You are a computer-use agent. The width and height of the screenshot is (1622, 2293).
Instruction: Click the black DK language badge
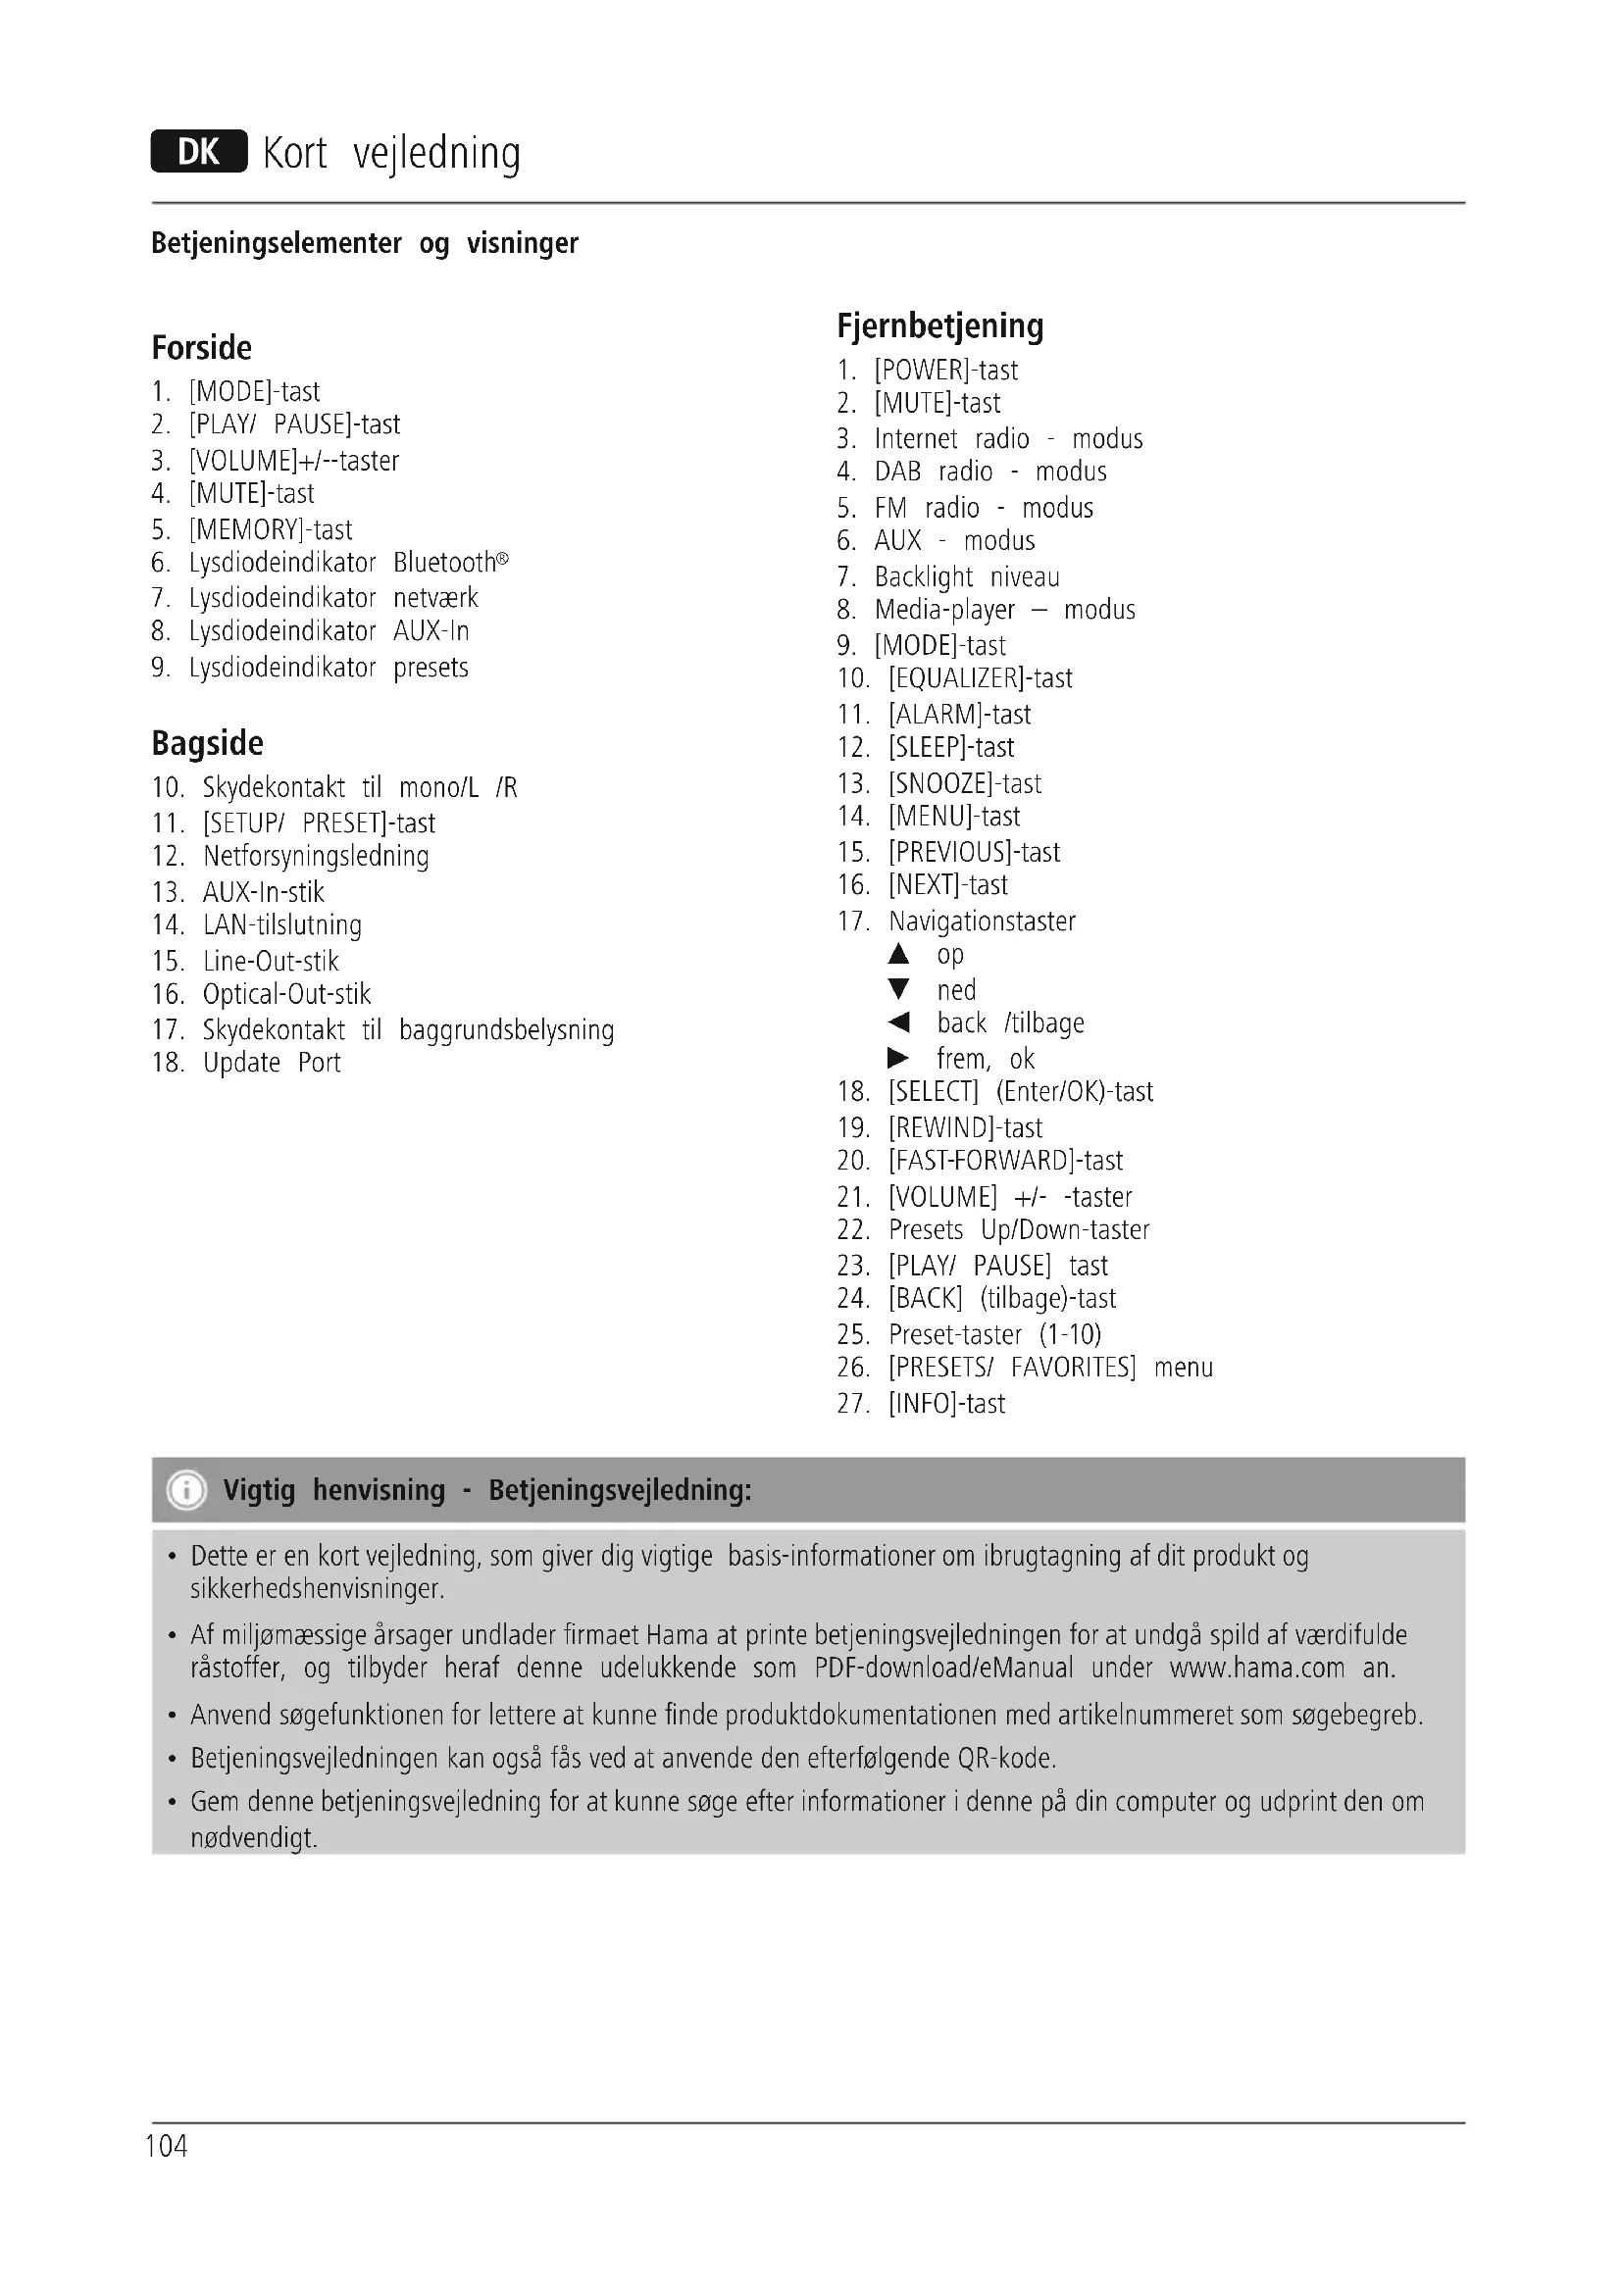199,152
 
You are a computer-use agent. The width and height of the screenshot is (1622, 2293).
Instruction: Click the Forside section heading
202,348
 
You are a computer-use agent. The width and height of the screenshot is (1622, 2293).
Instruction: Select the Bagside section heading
208,743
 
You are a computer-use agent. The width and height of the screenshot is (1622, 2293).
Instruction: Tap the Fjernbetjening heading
939,325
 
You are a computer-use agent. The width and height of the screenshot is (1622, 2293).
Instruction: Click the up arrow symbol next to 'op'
899,955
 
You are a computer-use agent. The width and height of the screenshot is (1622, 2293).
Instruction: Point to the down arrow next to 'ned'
899,990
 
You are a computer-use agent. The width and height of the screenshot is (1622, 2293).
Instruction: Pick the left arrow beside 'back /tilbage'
899,1022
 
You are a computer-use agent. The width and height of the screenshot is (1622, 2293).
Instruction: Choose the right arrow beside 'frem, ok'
899,1059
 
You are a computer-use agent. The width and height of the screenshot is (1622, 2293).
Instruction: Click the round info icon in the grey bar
186,1490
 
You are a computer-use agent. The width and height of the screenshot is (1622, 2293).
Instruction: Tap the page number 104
167,2146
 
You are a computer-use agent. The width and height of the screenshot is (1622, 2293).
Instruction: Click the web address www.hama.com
1256,1668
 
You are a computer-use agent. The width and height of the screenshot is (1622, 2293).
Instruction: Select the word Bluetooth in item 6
444,563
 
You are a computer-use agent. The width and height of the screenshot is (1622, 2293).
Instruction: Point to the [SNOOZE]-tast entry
965,783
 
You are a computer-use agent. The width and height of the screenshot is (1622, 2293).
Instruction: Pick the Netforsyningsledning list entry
316,856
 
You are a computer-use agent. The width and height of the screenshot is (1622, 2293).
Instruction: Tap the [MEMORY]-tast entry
270,529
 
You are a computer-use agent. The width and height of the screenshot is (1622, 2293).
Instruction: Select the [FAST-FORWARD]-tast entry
1005,1161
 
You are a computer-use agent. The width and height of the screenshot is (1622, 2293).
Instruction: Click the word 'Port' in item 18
320,1063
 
